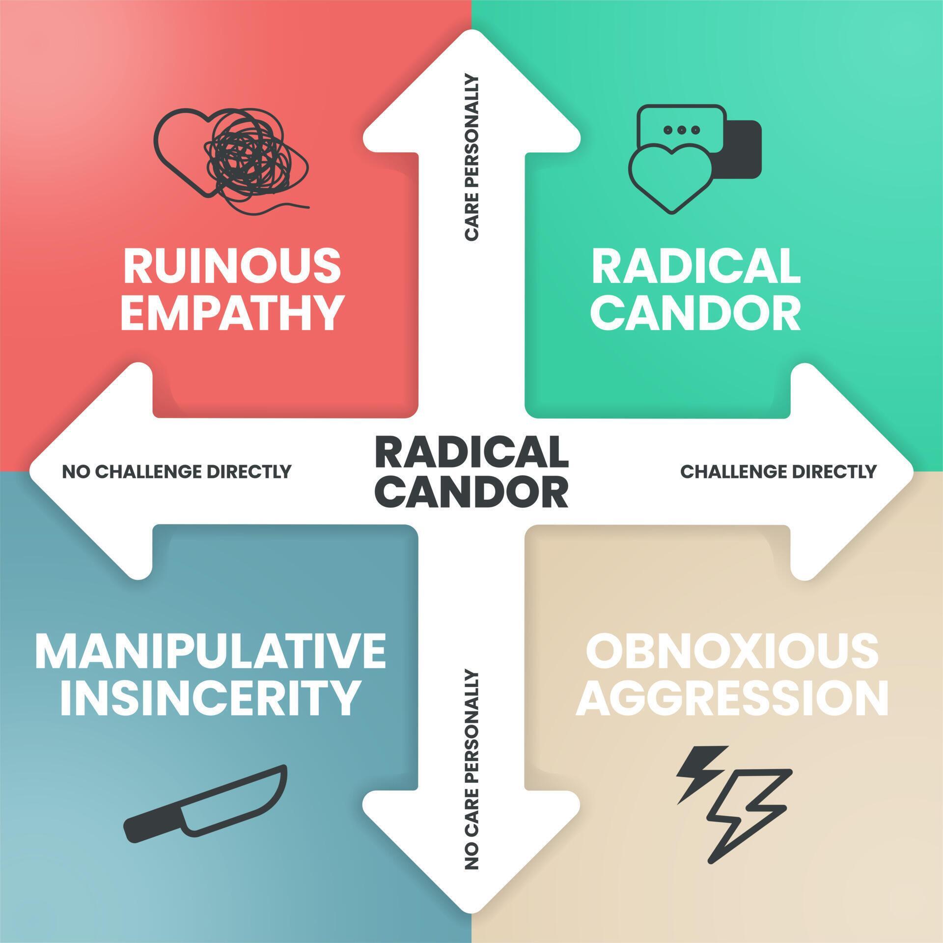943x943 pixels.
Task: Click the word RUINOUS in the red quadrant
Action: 232,265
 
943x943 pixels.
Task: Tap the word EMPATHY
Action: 232,312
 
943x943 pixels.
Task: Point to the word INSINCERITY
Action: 209,697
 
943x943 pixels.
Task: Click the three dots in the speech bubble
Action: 681,130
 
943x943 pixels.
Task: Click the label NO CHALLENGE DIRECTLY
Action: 177,471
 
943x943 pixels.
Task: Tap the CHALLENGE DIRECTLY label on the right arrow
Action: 778,471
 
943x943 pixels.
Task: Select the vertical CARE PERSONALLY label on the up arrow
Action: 471,157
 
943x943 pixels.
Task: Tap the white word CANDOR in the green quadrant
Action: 695,312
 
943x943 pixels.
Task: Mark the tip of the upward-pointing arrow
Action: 471,30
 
